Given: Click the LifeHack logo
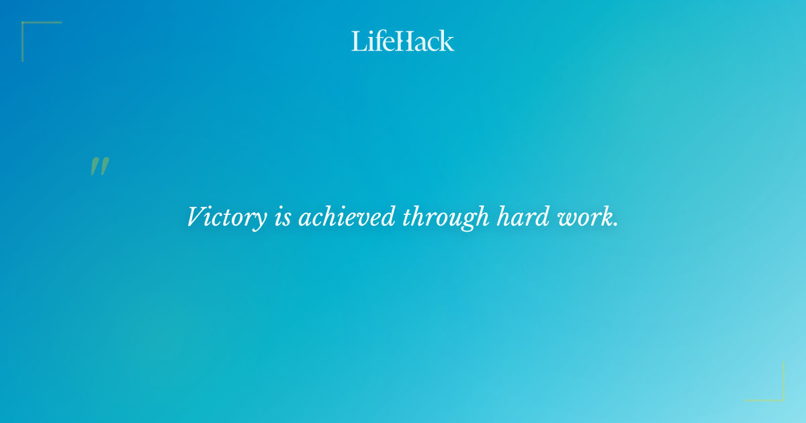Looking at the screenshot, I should (403, 41).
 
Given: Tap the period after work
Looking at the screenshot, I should (615, 225).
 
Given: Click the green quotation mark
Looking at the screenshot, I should (99, 167).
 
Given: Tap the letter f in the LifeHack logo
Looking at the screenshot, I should (376, 40).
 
